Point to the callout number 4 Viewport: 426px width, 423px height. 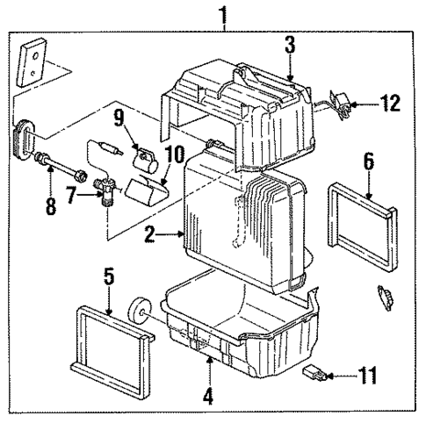tap(207, 395)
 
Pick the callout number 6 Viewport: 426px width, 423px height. tap(369, 161)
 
